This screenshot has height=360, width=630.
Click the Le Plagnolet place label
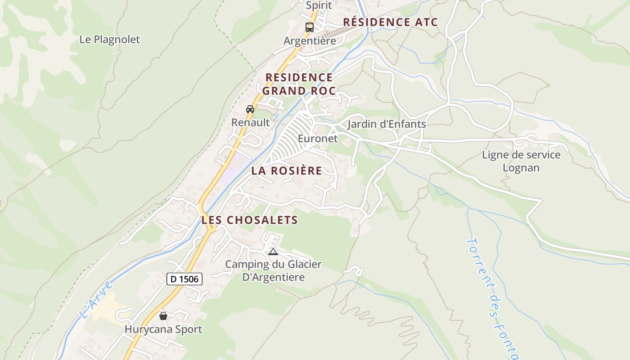pyautogui.click(x=109, y=40)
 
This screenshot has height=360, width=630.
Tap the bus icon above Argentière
pyautogui.click(x=310, y=27)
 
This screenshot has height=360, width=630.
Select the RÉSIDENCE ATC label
pyautogui.click(x=390, y=22)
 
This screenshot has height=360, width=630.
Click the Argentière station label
pyautogui.click(x=310, y=41)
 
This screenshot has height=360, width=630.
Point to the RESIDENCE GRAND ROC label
pyautogui.click(x=299, y=84)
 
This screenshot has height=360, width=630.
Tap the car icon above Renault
pyautogui.click(x=250, y=109)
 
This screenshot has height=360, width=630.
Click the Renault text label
pyautogui.click(x=250, y=122)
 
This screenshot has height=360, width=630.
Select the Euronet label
pyautogui.click(x=318, y=139)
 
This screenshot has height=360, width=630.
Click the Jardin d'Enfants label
pyautogui.click(x=387, y=124)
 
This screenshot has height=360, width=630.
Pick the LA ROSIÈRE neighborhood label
pyautogui.click(x=287, y=171)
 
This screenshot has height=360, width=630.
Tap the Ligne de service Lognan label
pyautogui.click(x=521, y=161)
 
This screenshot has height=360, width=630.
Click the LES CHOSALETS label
pyautogui.click(x=249, y=220)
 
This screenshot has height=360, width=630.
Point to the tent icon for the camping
pyautogui.click(x=273, y=252)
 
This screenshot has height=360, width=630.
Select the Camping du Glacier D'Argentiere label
pyautogui.click(x=273, y=270)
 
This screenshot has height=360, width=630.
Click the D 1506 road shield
pyautogui.click(x=184, y=279)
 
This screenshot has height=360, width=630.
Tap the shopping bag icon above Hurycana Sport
pyautogui.click(x=163, y=316)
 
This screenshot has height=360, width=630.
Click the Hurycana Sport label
pyautogui.click(x=163, y=329)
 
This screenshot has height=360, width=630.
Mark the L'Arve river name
pyautogui.click(x=95, y=300)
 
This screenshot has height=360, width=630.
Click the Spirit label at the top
pyautogui.click(x=319, y=5)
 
